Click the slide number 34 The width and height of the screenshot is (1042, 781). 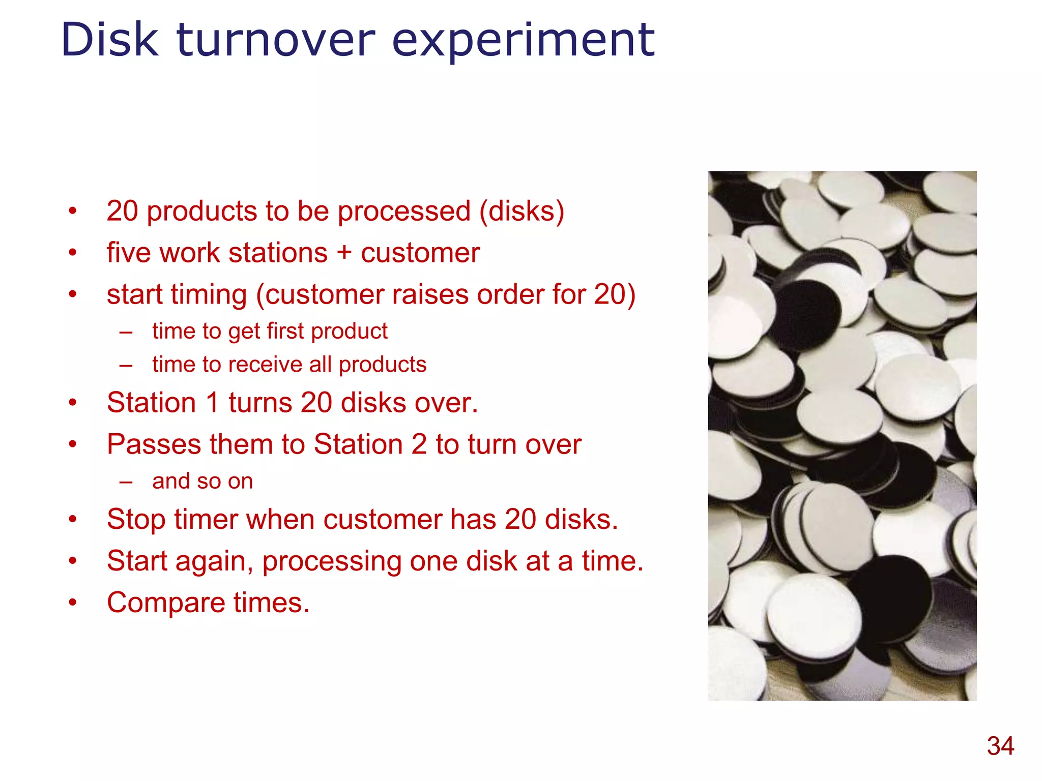[x=1000, y=746]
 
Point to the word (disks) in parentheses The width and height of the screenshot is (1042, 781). [x=522, y=211]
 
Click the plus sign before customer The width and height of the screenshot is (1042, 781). [x=344, y=253]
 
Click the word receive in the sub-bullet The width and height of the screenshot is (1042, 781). [x=267, y=365]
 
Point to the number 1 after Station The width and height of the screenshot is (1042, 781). [x=212, y=403]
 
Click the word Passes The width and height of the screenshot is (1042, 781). [x=154, y=444]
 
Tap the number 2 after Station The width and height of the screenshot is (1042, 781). [x=419, y=444]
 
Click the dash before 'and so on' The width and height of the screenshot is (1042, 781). [x=126, y=482]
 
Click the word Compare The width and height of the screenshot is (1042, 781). [x=166, y=603]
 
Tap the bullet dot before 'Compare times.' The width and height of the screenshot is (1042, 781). [x=73, y=603]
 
